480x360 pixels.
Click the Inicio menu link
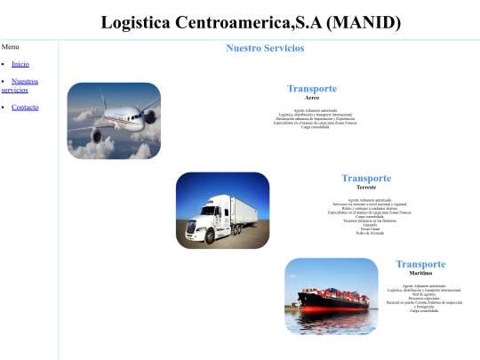(20, 64)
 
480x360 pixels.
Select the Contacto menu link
(25, 108)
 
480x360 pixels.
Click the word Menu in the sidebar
(11, 46)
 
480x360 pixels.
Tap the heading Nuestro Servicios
(265, 48)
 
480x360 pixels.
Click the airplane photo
(114, 121)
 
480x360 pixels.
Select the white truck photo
(222, 210)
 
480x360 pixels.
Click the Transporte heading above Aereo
(311, 89)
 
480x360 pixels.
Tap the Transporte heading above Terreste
(366, 179)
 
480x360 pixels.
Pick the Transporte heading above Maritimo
(420, 264)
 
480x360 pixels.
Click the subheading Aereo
(311, 97)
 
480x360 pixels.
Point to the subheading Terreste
(366, 188)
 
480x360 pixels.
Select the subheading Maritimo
(420, 273)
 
